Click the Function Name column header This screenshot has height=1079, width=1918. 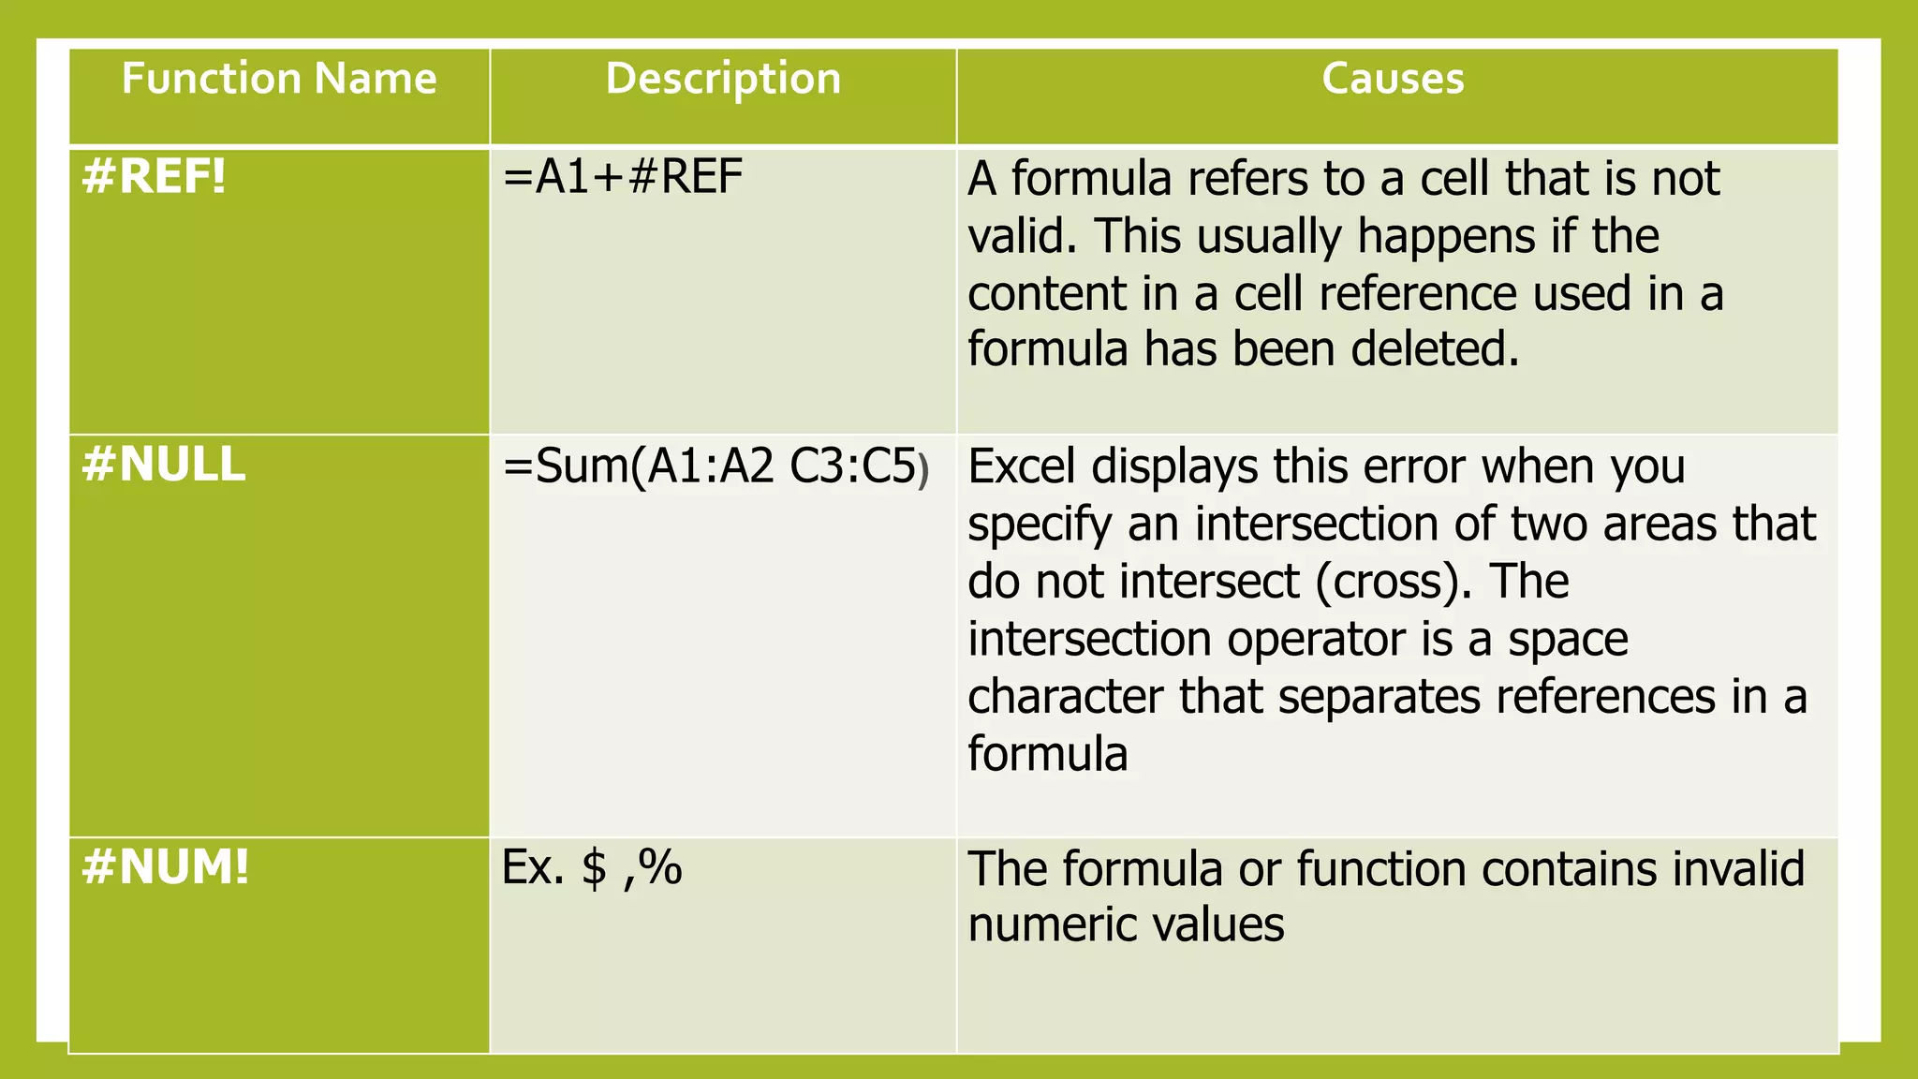point(279,79)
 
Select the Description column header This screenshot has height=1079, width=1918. point(723,79)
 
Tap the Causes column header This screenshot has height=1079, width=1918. point(1393,79)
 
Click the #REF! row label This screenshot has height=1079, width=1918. point(155,177)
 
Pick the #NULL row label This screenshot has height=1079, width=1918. point(164,465)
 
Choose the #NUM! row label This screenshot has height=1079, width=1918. point(166,867)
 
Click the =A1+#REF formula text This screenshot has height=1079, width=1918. point(623,177)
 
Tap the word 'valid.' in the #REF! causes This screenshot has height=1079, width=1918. point(1023,236)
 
